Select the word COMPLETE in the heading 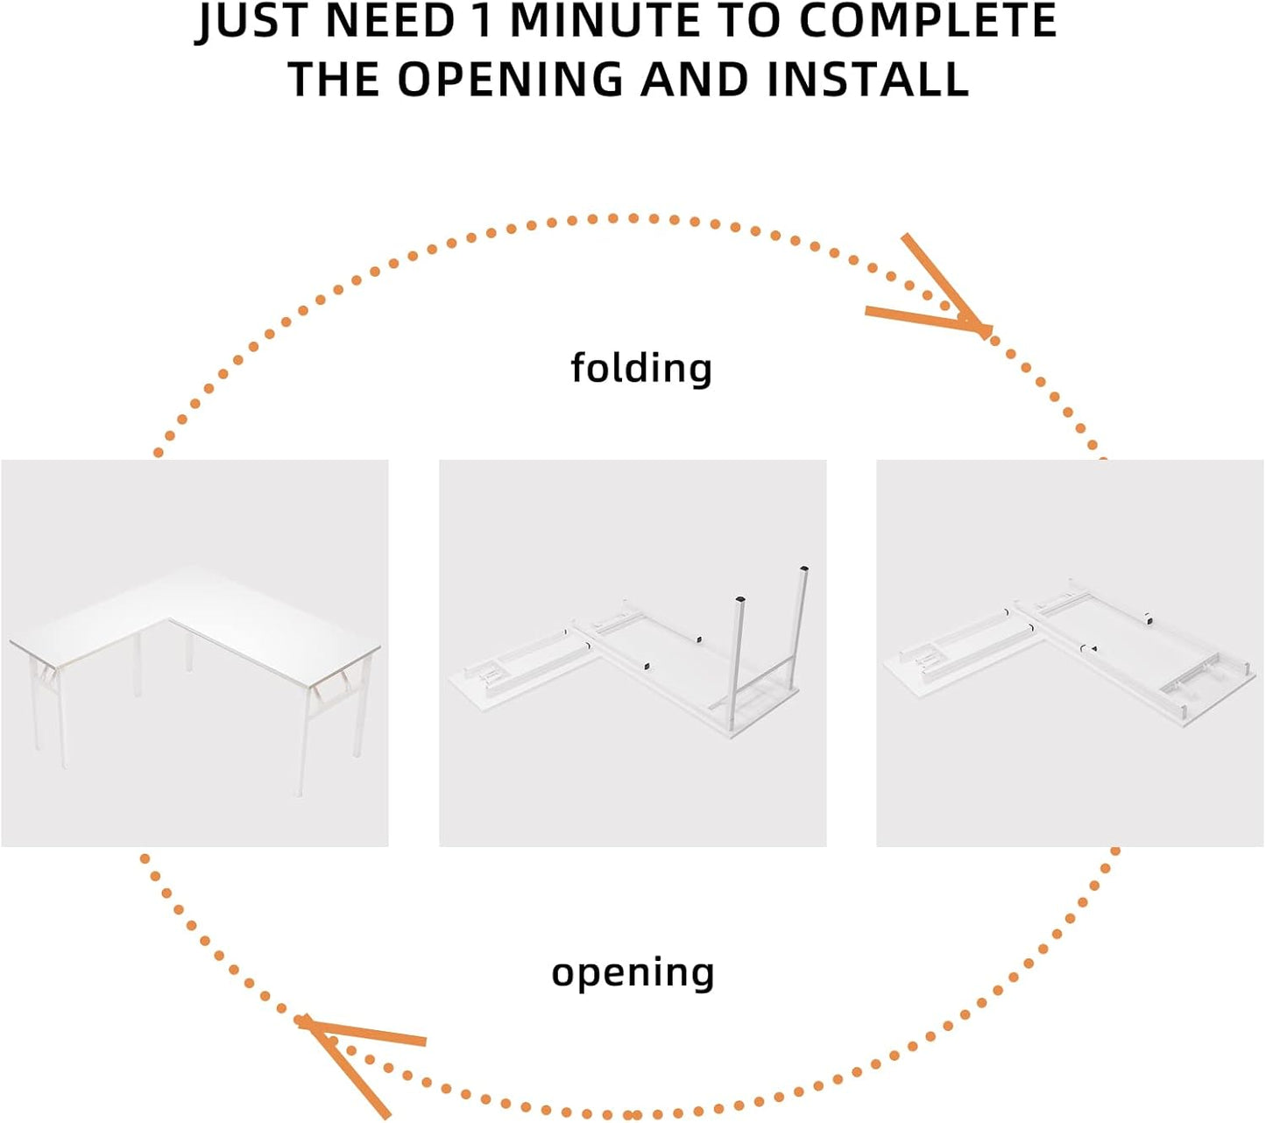click(929, 21)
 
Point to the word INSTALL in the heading click(868, 79)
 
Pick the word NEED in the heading click(390, 21)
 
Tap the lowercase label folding click(641, 369)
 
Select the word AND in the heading click(695, 79)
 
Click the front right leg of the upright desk click(302, 744)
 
